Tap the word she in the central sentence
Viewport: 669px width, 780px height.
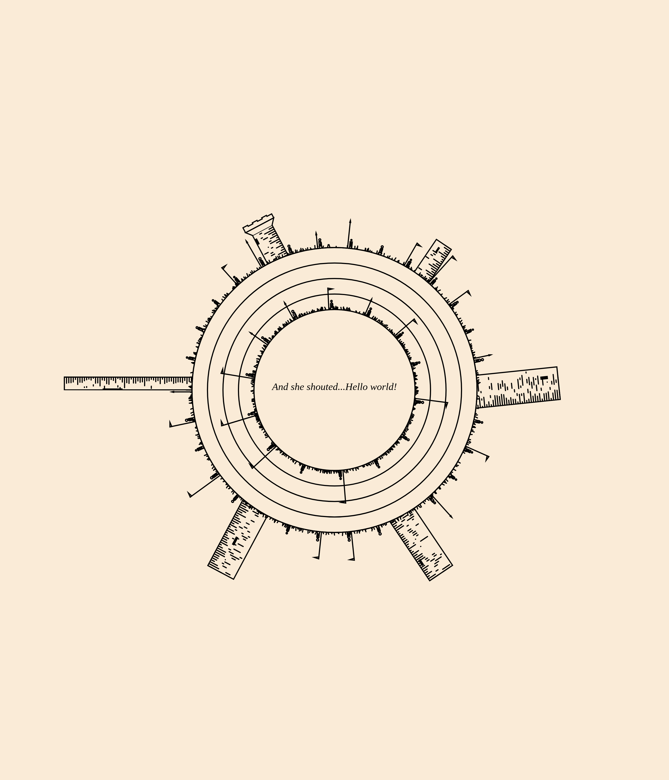click(x=297, y=387)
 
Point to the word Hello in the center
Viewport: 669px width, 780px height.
click(x=356, y=387)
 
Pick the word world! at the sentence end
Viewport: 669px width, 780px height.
click(x=383, y=387)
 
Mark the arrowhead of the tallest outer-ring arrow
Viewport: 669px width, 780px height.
click(x=350, y=221)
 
